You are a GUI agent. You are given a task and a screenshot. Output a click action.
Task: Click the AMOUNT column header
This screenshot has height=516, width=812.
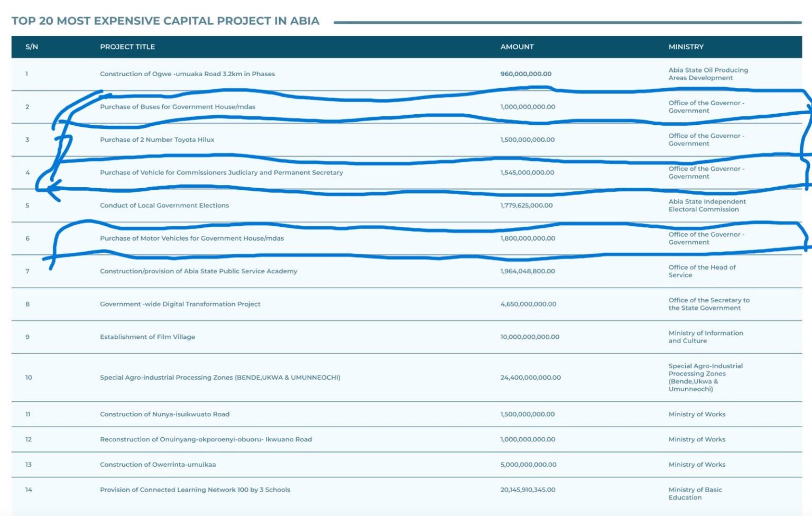[517, 47]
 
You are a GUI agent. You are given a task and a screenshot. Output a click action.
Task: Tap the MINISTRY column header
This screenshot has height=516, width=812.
[686, 47]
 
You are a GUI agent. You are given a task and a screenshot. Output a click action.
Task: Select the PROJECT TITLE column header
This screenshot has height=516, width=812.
[127, 47]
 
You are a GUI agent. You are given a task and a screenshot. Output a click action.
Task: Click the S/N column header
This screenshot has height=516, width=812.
[32, 47]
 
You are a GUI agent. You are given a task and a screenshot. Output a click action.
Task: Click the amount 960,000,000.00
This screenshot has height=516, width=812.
[525, 74]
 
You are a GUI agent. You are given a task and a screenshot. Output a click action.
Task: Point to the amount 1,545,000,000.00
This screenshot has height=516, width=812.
[527, 172]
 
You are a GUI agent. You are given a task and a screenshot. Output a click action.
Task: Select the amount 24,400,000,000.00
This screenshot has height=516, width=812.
[530, 377]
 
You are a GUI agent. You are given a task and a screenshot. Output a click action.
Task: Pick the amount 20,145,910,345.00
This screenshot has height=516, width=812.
[528, 490]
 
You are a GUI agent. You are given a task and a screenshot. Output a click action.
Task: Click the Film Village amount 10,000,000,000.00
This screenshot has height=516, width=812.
[530, 337]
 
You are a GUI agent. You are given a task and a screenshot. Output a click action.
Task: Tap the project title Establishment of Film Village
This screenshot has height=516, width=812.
[147, 337]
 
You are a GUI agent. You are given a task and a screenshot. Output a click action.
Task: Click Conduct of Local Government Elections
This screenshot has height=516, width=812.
[164, 205]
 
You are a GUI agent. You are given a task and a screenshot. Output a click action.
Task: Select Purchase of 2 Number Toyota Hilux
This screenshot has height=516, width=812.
[157, 140]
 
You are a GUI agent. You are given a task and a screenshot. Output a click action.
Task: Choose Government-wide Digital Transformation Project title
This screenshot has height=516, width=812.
[180, 304]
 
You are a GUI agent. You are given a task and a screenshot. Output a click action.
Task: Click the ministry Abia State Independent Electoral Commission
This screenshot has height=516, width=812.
[707, 205]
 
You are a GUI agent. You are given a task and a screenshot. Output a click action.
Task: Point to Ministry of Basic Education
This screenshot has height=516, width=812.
[695, 493]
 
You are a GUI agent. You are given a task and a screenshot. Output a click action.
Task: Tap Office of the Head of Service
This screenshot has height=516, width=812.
[702, 271]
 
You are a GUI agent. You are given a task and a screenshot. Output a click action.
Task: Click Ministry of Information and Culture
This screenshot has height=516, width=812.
[705, 337]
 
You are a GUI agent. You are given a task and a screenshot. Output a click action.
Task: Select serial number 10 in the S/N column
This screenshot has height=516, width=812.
[29, 377]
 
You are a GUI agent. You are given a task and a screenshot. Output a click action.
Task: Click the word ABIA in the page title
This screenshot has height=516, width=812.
[304, 21]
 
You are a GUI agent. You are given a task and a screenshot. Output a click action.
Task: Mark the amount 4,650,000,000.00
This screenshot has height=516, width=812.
[528, 304]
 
